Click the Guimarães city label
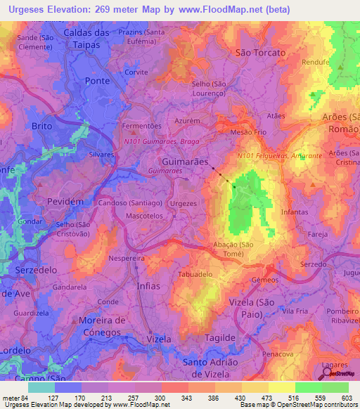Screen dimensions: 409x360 [186, 161]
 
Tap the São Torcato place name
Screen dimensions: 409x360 [260, 53]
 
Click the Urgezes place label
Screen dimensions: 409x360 [184, 203]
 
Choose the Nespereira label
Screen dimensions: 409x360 [127, 258]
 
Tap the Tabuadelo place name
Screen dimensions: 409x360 [195, 274]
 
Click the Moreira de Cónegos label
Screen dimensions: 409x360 [103, 325]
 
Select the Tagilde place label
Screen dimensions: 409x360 [220, 338]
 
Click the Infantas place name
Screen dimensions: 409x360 [294, 212]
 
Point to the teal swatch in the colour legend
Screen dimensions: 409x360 [41, 387]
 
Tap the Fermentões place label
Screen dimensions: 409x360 [142, 126]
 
